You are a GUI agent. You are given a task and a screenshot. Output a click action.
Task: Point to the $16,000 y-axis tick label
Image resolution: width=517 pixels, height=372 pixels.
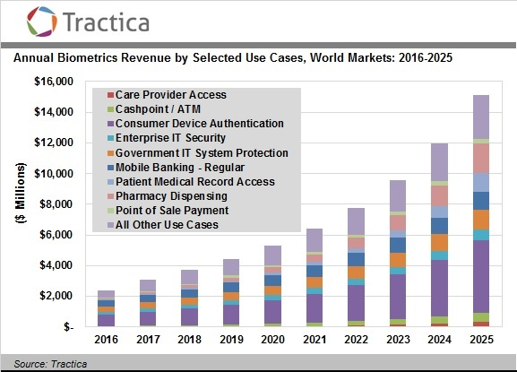pyautogui.click(x=55, y=82)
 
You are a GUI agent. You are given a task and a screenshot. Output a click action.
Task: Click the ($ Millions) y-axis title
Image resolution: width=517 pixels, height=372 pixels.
pyautogui.click(x=19, y=205)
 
